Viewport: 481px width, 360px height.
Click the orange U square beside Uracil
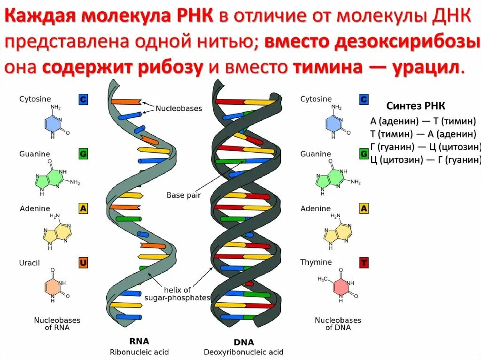tap(83, 263)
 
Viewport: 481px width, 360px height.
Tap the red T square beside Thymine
tap(364, 262)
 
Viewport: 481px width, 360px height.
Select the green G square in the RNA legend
tap(83, 154)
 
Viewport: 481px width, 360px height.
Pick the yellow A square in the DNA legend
tap(364, 208)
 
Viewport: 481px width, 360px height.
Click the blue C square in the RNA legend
tap(83, 99)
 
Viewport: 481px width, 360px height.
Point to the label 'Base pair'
tap(182, 195)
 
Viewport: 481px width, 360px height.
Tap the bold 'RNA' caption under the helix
tap(139, 341)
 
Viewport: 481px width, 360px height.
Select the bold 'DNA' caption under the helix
tap(243, 343)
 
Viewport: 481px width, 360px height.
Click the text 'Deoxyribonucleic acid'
tap(243, 352)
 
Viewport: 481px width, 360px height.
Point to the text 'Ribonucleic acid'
tap(139, 352)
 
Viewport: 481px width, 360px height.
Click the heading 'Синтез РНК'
tap(415, 106)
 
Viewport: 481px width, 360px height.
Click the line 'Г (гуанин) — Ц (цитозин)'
tap(426, 147)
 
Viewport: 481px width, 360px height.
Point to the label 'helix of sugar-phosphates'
tap(177, 293)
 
